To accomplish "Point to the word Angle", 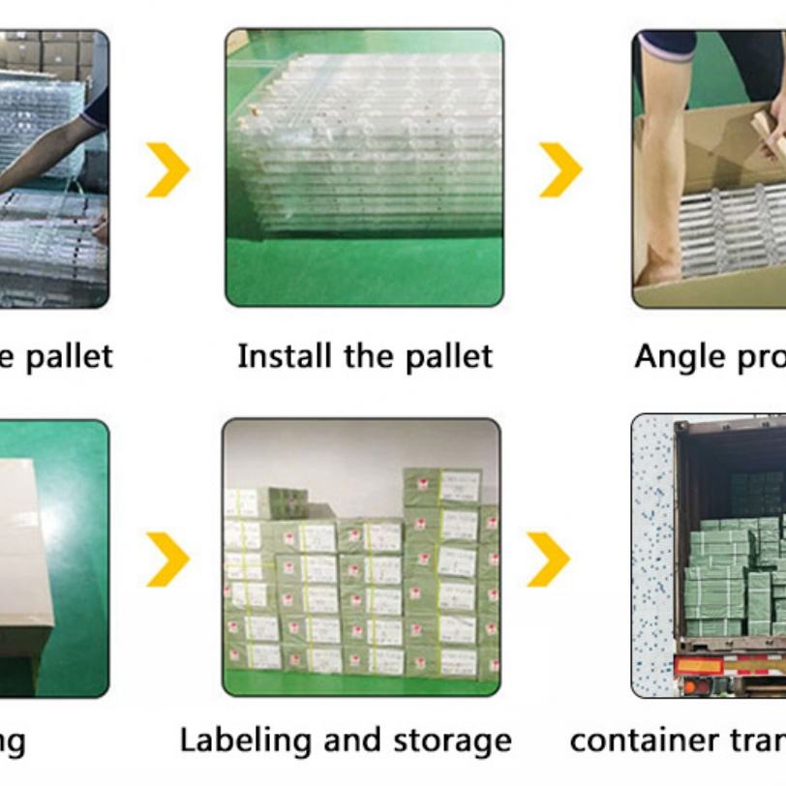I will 675,356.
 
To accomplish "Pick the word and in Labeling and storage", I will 348,741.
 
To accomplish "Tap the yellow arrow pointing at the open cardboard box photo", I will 560,169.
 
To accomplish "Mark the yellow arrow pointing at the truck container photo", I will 548,559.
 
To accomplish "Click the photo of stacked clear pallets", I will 365,166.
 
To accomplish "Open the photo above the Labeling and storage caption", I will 362,557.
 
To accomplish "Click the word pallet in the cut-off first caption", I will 68,356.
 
